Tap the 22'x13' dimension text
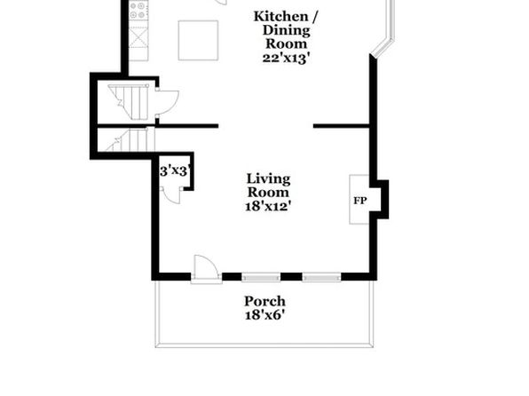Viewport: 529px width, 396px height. (286, 58)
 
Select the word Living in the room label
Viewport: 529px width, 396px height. (268, 179)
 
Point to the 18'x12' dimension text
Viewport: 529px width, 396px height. (268, 206)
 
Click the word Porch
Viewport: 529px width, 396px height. (264, 301)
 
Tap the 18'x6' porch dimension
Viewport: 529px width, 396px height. (264, 315)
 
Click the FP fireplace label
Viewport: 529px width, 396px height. (359, 201)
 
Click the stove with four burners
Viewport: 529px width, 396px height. (138, 10)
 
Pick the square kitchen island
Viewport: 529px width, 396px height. (198, 41)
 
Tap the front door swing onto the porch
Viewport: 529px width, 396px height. (206, 268)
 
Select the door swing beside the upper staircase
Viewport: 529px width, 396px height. (167, 102)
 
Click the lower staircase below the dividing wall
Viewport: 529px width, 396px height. (130, 139)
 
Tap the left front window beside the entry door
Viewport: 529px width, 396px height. (261, 278)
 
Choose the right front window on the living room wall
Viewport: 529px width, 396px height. (321, 278)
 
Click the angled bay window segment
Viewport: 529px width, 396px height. (382, 46)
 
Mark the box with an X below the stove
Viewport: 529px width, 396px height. (138, 37)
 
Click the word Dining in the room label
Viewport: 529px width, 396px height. (286, 30)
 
